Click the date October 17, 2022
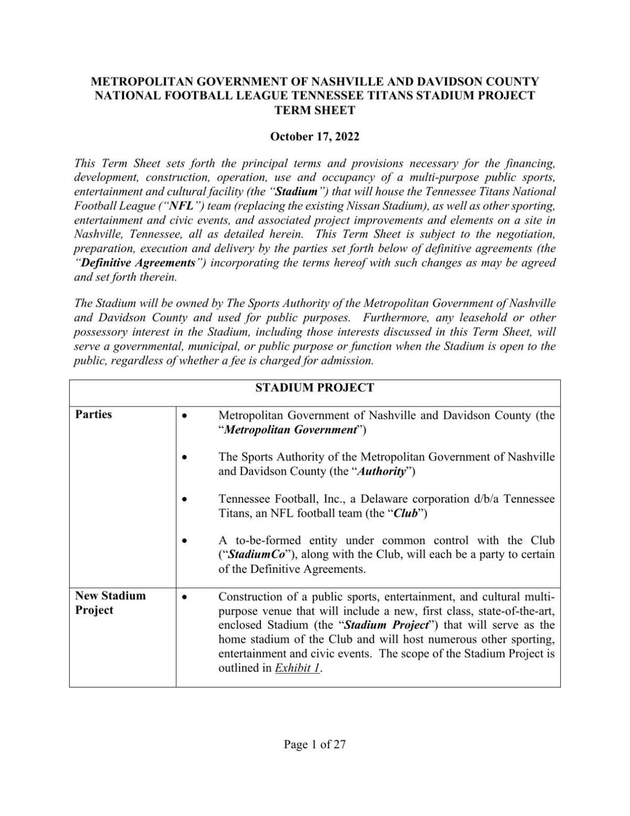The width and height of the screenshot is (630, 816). tap(314, 137)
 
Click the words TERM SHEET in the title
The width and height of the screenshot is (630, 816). tap(314, 110)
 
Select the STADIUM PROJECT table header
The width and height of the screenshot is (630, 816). tap(314, 388)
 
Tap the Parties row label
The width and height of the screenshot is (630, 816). tap(93, 414)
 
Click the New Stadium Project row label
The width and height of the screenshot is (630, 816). tap(110, 602)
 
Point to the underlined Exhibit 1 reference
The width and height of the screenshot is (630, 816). tap(297, 668)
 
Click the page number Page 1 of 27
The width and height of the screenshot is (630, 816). tap(314, 744)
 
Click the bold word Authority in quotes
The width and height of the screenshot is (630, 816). tap(382, 471)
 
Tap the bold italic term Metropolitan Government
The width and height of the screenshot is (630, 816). tap(290, 430)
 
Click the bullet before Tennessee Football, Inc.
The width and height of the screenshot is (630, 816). tap(184, 499)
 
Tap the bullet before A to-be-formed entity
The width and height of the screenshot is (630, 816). tap(184, 540)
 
